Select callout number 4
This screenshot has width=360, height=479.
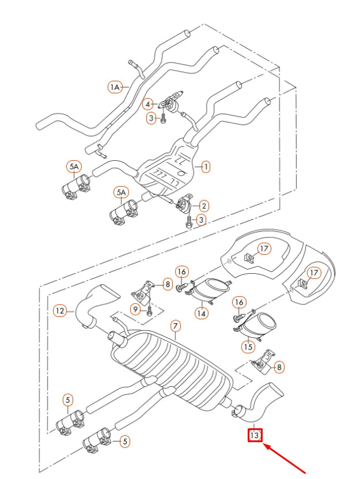point(149,104)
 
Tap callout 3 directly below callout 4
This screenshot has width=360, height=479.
point(151,118)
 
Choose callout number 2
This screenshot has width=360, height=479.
point(204,205)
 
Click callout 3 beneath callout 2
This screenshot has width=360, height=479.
point(201,219)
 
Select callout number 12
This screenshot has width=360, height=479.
point(60,311)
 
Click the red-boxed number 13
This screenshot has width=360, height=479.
point(255,435)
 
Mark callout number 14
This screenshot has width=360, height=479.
point(201,313)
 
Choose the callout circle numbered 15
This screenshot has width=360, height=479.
point(248,346)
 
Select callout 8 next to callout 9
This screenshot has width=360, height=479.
point(166,284)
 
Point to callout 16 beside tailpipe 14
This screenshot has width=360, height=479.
point(182,272)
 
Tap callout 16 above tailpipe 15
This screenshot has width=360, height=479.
point(240,302)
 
